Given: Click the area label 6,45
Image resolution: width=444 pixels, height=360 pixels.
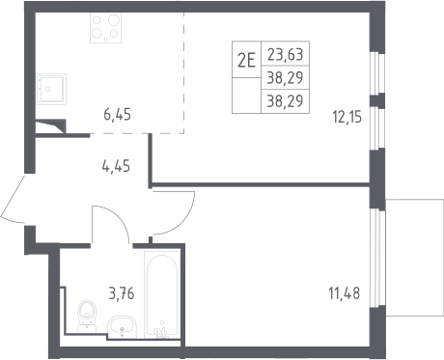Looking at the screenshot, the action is [x=117, y=115].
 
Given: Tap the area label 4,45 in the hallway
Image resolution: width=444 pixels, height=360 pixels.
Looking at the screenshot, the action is [x=116, y=167].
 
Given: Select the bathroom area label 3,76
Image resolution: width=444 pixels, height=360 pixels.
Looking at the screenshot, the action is [x=122, y=293].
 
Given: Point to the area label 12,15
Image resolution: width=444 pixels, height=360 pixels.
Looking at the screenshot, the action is [x=347, y=117].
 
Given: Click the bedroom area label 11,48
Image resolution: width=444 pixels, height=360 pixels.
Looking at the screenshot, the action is [x=345, y=293].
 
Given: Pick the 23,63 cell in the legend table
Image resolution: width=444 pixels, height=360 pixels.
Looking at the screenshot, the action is [x=285, y=54].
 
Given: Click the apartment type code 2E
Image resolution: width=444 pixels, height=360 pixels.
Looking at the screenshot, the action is [x=246, y=60].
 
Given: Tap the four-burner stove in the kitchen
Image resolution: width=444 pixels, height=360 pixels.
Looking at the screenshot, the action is [x=105, y=28].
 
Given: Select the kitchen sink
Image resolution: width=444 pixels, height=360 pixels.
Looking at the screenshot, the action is [x=51, y=89].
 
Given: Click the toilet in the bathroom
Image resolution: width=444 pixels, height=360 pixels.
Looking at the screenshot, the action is [x=87, y=317].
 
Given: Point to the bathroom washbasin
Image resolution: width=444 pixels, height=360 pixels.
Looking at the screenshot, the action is [x=122, y=327].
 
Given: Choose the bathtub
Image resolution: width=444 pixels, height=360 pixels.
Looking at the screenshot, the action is [x=162, y=294].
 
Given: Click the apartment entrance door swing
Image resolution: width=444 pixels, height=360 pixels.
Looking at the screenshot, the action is [x=13, y=199].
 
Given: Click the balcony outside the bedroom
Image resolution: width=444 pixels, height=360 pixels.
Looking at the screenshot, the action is [x=415, y=258].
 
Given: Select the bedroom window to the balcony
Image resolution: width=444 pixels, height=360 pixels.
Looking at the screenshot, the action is [x=377, y=258].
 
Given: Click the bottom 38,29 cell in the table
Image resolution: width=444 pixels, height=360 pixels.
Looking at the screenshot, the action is [x=285, y=101].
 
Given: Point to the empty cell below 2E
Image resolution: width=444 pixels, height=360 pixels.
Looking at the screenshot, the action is [x=246, y=96].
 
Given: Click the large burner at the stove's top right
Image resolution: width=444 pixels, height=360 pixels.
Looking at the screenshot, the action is [x=114, y=20].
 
